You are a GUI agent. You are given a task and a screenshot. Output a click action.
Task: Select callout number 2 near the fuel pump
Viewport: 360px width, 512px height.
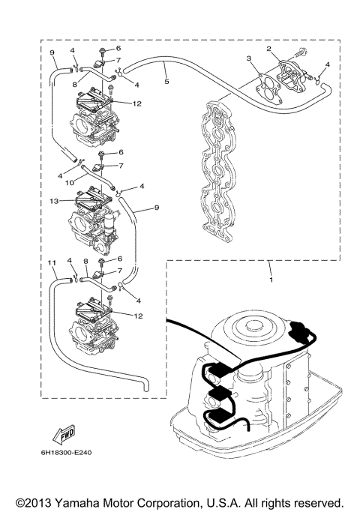click(268, 49)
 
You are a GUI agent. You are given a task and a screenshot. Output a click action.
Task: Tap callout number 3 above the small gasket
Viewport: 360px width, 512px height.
click(248, 58)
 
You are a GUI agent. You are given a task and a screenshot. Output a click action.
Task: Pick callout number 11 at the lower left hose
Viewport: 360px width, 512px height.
click(52, 263)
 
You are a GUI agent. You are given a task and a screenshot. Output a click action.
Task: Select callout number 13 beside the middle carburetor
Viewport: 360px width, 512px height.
click(53, 202)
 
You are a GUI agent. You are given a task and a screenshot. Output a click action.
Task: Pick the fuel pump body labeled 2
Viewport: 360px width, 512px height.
click(289, 70)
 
